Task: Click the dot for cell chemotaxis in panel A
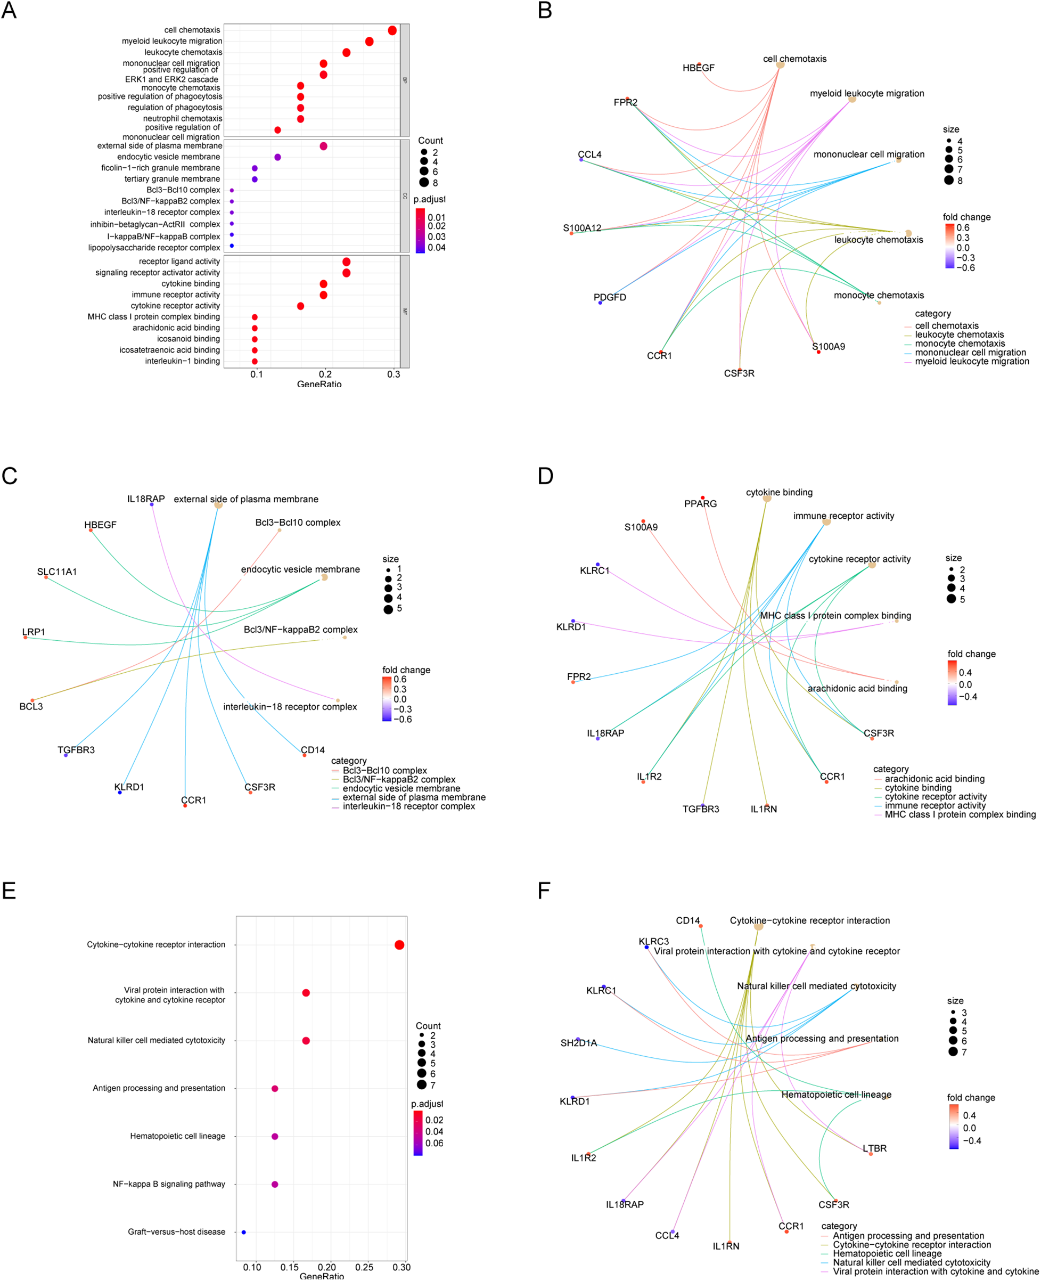click(392, 30)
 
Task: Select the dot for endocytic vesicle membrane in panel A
click(277, 157)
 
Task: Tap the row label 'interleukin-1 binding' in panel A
click(182, 361)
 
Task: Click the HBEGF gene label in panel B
click(698, 68)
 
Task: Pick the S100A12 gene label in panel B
click(581, 228)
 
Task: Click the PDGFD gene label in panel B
click(610, 297)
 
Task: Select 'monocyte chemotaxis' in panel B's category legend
click(960, 344)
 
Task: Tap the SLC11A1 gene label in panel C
click(57, 572)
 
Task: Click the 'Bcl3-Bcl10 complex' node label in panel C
click(298, 523)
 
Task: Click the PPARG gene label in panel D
click(700, 504)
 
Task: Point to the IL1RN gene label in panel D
click(764, 809)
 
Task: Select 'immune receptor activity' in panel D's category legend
click(935, 805)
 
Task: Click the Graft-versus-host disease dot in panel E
click(243, 1232)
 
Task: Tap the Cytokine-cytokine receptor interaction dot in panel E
click(399, 945)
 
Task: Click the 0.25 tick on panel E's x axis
click(364, 1267)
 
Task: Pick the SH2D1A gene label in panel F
click(579, 1043)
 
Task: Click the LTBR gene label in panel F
click(874, 1148)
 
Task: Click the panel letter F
click(544, 891)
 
